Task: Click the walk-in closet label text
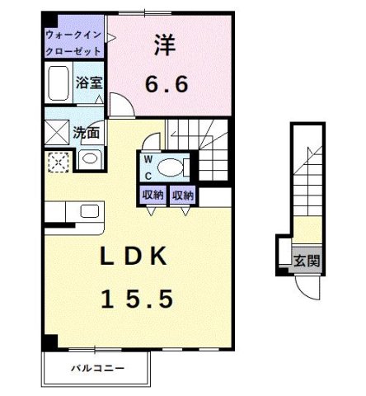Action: pos(74,43)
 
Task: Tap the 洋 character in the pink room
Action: pos(164,45)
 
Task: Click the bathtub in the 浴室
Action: pos(59,84)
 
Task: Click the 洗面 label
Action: pos(87,132)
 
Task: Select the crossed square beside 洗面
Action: pos(58,132)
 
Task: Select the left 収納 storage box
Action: pos(152,196)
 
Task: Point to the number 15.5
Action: pos(138,298)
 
